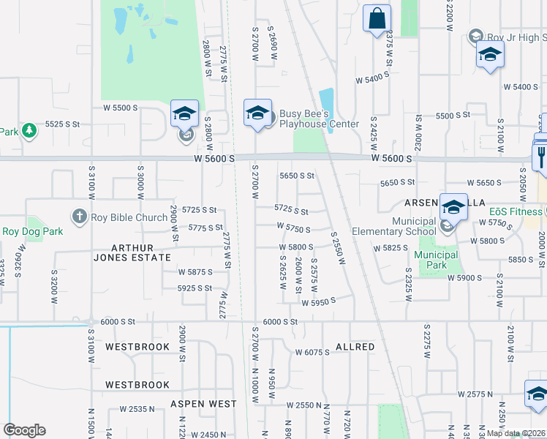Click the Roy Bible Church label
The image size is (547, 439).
pyautogui.click(x=129, y=217)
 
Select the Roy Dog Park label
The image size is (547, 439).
pyautogui.click(x=32, y=231)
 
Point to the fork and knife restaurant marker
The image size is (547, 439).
pyautogui.click(x=542, y=154)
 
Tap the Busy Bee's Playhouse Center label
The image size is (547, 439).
pyautogui.click(x=320, y=119)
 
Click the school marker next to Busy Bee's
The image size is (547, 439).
pyautogui.click(x=257, y=113)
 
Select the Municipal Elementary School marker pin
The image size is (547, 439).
pyautogui.click(x=453, y=208)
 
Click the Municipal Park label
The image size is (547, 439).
pyautogui.click(x=436, y=260)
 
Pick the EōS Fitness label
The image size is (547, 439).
pyautogui.click(x=516, y=212)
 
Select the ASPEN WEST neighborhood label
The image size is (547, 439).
pyautogui.click(x=204, y=404)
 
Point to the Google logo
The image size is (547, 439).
pyautogui.click(x=24, y=430)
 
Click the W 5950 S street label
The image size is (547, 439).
pyautogui.click(x=317, y=300)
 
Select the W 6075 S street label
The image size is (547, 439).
pyautogui.click(x=313, y=352)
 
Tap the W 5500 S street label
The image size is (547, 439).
pyautogui.click(x=121, y=108)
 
